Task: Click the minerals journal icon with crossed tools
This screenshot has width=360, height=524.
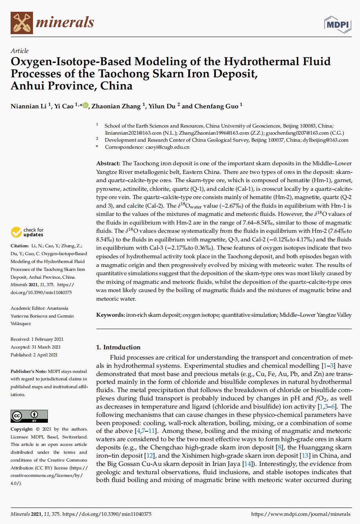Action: pos(22,22)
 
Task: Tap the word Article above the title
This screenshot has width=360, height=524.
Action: pos(20,51)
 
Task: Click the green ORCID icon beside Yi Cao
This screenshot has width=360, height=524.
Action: pos(86,106)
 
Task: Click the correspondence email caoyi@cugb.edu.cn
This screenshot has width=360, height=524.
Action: pos(167,147)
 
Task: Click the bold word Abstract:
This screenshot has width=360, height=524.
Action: pos(108,163)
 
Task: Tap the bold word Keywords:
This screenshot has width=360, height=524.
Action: pos(111,315)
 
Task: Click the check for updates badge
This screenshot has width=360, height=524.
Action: pos(27,232)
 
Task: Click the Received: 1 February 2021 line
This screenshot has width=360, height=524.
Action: pos(37,339)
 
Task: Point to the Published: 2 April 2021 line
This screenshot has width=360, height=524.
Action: pos(34,355)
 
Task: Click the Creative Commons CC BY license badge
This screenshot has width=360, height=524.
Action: pos(29,416)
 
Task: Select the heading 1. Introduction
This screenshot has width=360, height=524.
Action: pos(118,347)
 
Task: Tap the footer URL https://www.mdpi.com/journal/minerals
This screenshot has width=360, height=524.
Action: pos(300,514)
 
